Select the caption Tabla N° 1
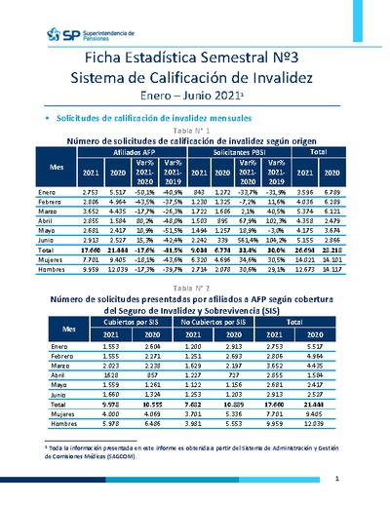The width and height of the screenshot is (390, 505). (x=192, y=130)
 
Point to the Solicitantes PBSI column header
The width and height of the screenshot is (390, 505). (x=243, y=153)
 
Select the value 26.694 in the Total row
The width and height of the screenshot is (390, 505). (x=330, y=250)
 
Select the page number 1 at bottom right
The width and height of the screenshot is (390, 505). (x=335, y=479)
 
